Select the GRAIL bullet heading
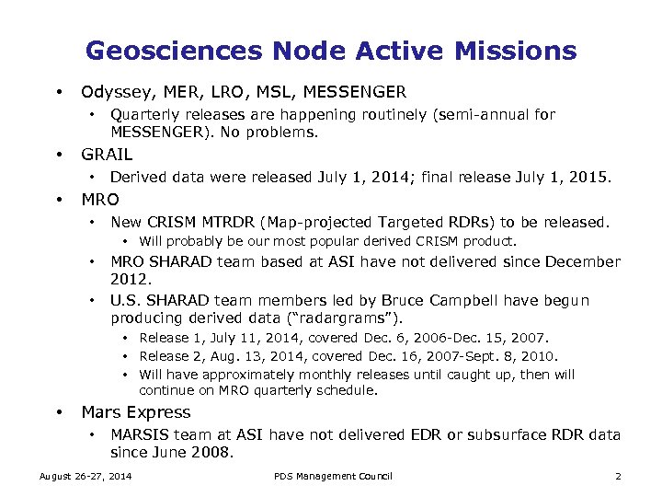(107, 154)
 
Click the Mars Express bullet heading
(136, 412)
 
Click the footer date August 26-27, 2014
(85, 476)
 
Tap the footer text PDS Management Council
(333, 476)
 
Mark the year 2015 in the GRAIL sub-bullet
(588, 177)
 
